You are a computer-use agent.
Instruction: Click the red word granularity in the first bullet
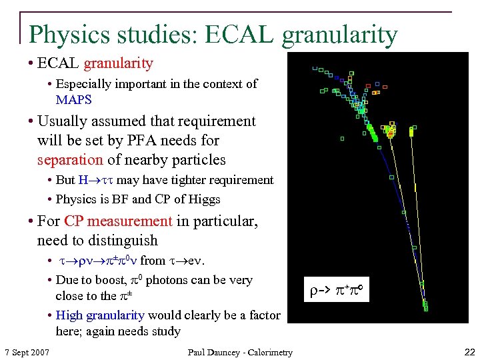(x=117, y=64)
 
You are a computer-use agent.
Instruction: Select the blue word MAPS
(x=73, y=100)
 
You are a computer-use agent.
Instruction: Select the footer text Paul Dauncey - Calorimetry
(x=239, y=352)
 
